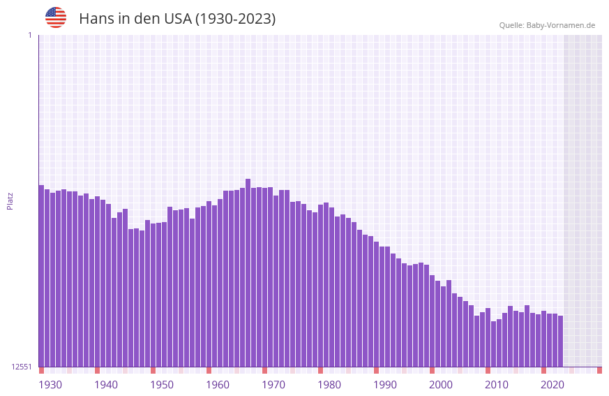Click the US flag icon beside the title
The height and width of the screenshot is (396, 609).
(x=56, y=17)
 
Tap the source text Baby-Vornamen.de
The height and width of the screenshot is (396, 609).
(x=560, y=25)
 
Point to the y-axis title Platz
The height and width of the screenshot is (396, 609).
(x=10, y=200)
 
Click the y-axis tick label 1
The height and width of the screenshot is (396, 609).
(x=29, y=35)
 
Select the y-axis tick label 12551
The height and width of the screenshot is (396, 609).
(x=22, y=367)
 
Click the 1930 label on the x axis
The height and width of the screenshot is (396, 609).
(x=50, y=385)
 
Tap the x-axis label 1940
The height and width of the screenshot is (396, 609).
(x=106, y=385)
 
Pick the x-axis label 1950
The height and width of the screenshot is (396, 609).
(x=162, y=385)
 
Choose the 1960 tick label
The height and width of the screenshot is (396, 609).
(x=218, y=385)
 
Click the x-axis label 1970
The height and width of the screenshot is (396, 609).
(x=273, y=385)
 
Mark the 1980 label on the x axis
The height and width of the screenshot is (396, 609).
(x=329, y=385)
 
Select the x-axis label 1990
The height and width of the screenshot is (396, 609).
(x=385, y=385)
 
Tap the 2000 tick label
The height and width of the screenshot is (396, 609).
(x=441, y=385)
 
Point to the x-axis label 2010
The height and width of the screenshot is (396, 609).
(x=497, y=385)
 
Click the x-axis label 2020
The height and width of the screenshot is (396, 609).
(x=552, y=385)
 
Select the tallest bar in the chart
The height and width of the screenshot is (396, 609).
(x=248, y=272)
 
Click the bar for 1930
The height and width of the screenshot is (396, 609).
(x=41, y=276)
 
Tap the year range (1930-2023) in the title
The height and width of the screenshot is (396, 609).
(x=235, y=19)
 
